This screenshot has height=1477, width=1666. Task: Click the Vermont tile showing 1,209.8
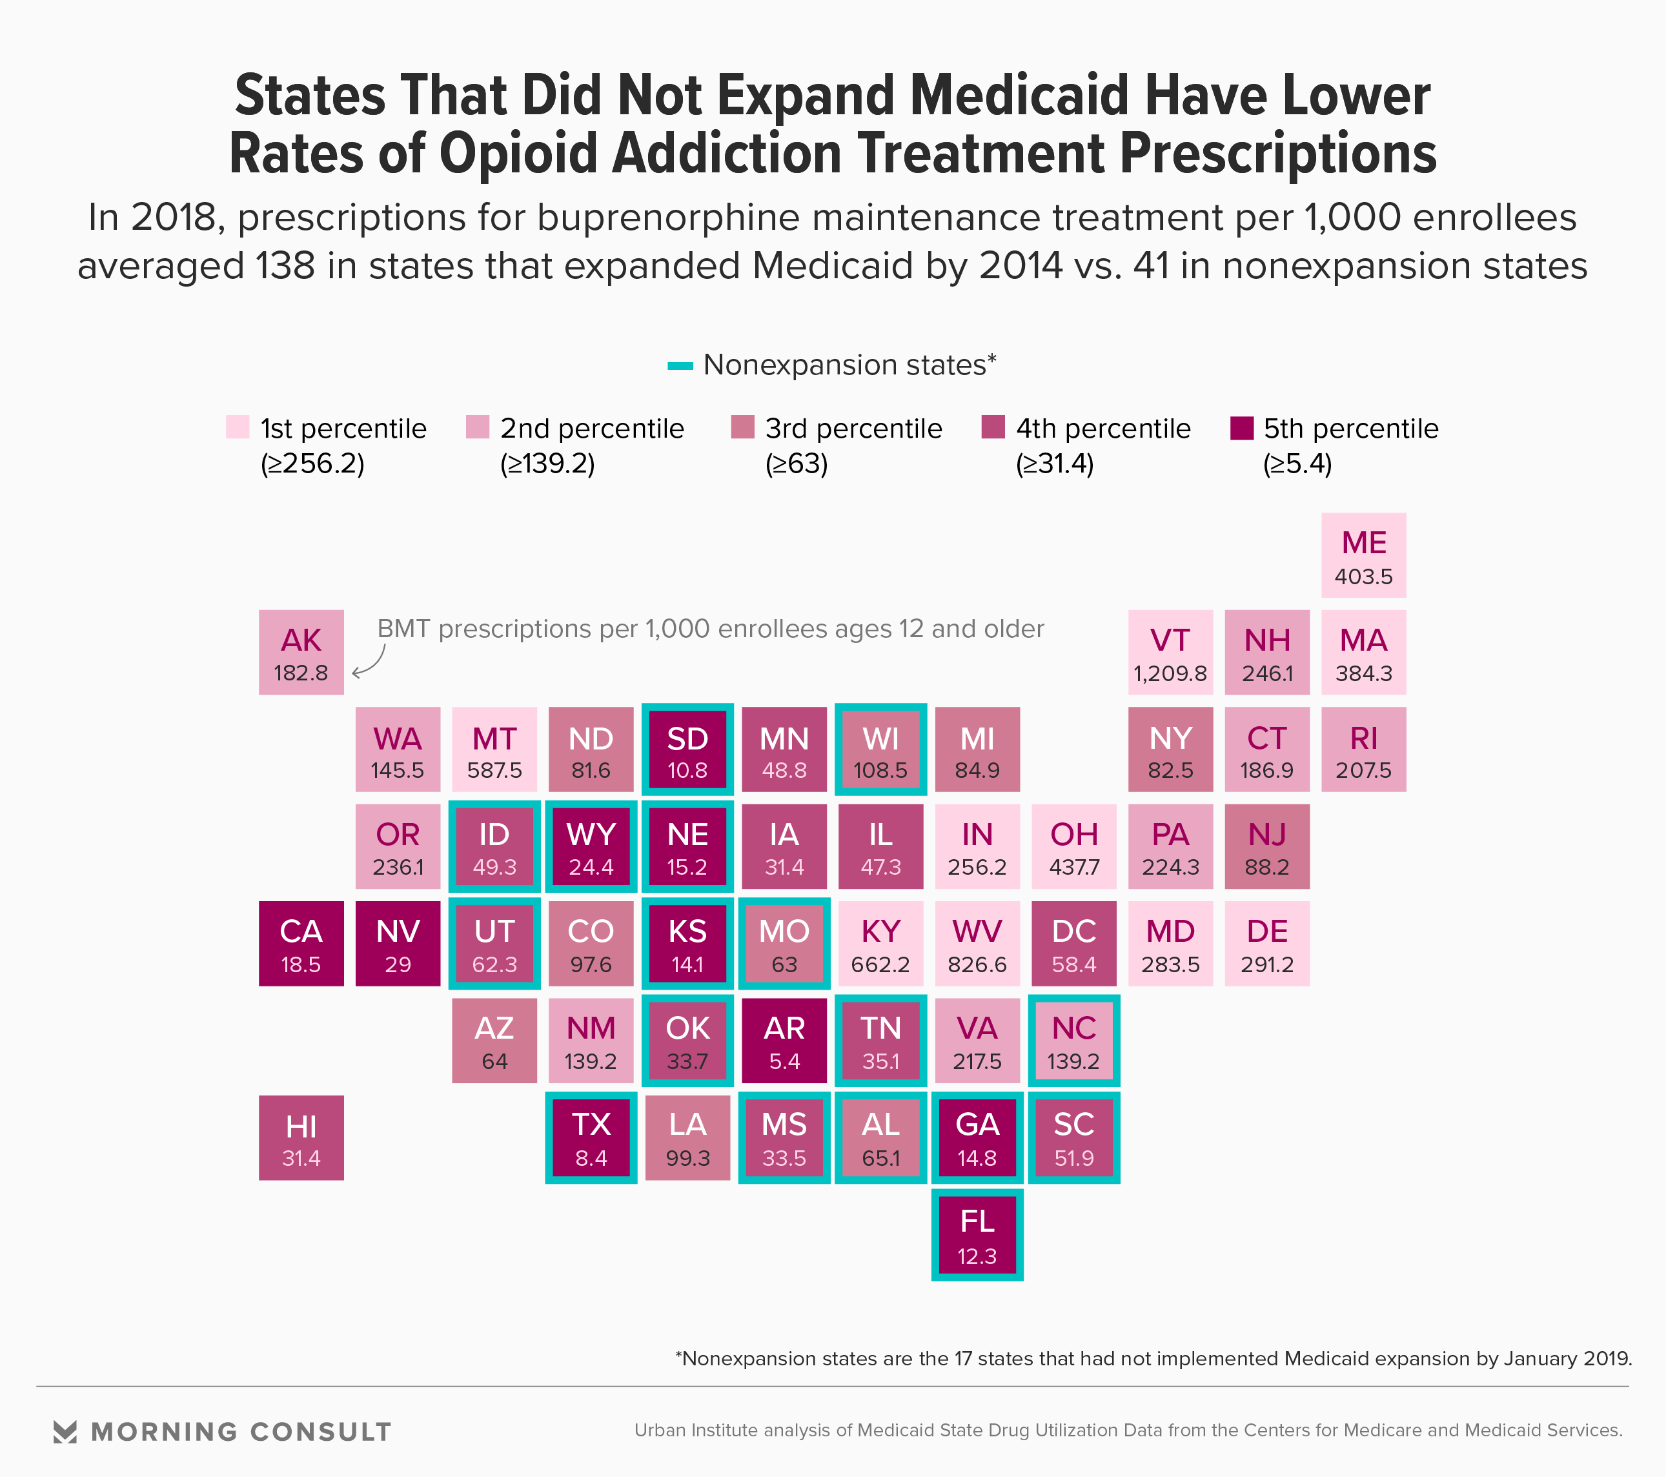tap(1170, 653)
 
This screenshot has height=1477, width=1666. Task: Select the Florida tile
tap(977, 1235)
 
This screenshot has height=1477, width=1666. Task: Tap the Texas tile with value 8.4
tap(591, 1138)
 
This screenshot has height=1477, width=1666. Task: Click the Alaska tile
tap(301, 653)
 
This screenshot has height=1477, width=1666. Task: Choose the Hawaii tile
tap(301, 1138)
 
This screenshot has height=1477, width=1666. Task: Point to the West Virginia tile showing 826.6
tap(977, 944)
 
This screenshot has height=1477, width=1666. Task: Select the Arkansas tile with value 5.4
tap(784, 1041)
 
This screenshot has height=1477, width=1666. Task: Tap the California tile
tap(301, 944)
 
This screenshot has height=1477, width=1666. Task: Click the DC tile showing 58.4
tap(1073, 944)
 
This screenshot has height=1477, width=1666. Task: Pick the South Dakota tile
tap(687, 749)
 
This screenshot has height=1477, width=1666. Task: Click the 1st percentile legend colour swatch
tap(237, 427)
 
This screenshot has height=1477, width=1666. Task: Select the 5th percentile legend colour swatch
tap(1241, 427)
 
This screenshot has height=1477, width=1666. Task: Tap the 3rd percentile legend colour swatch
tap(742, 427)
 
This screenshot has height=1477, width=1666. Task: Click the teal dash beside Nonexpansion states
tap(680, 366)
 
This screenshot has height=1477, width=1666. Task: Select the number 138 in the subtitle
tap(285, 266)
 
